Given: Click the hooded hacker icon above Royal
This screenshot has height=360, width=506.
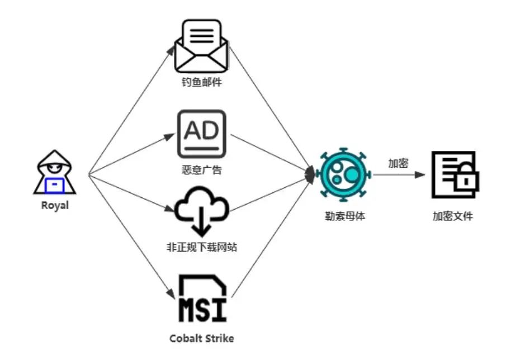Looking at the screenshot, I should pos(55,172).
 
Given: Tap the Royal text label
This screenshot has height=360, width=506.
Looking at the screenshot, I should pos(55,205).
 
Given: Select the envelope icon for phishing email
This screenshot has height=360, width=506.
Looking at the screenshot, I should pos(202,48).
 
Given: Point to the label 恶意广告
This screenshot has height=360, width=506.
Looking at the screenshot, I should pos(202,169).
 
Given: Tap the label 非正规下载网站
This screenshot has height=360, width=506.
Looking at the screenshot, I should pos(202,247).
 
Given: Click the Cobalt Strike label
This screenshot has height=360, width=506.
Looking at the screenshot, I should pos(202,338).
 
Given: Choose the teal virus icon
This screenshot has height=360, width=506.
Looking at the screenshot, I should pos(343,175).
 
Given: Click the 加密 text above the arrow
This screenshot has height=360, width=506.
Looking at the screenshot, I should pos(398,163).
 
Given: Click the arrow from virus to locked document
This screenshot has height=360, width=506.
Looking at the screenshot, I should pos(398,175).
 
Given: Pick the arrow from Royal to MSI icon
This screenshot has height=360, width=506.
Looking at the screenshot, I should pos(130,237).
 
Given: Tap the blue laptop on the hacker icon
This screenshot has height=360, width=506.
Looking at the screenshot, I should pos(55,183).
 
